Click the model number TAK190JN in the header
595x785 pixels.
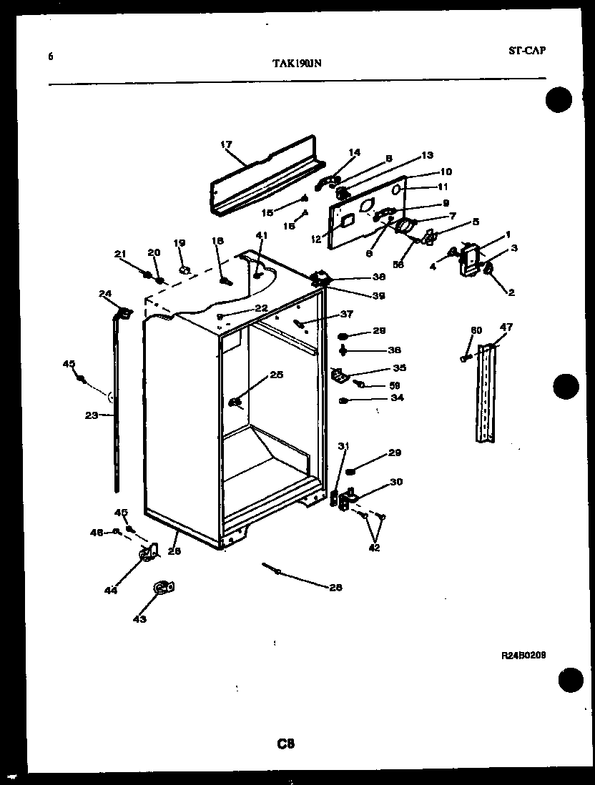tap(297, 63)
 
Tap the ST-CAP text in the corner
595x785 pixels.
tap(528, 51)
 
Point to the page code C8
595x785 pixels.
tap(286, 744)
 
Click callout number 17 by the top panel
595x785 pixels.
tap(227, 144)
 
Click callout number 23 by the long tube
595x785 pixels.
tap(91, 415)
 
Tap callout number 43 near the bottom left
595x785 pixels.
tap(139, 618)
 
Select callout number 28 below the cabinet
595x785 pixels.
tap(335, 588)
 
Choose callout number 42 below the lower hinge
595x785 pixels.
tap(374, 548)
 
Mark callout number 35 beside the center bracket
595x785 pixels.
tap(399, 368)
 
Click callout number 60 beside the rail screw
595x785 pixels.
tap(476, 330)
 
